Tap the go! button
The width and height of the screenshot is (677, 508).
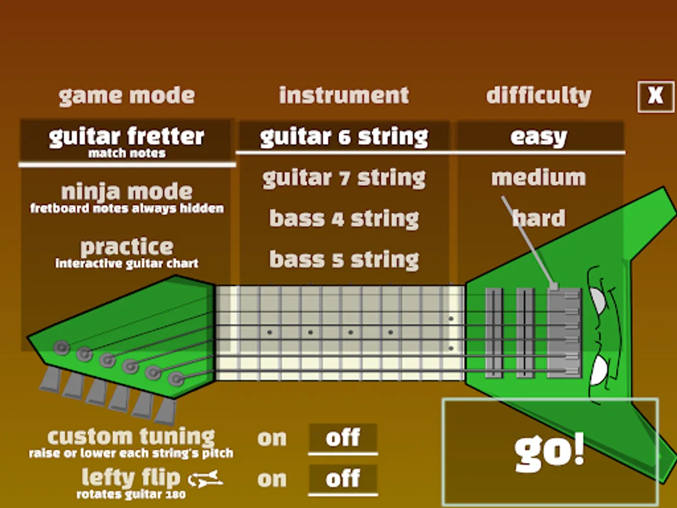click(550, 452)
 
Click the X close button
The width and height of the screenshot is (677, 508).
click(656, 96)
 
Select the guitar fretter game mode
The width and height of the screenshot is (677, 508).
click(127, 141)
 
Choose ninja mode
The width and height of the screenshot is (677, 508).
click(127, 198)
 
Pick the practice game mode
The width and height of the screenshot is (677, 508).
click(127, 252)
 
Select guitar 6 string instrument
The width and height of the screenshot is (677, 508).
click(344, 137)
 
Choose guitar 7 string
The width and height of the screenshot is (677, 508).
click(344, 178)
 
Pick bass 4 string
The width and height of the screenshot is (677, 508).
click(344, 218)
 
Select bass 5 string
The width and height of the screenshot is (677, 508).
click(344, 259)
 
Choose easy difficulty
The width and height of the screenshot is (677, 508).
click(539, 137)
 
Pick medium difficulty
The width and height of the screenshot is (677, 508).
click(539, 178)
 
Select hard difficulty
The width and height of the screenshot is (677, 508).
click(539, 218)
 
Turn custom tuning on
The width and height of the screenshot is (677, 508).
click(272, 439)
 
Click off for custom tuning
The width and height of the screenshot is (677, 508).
click(343, 438)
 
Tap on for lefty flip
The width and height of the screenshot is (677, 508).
click(272, 479)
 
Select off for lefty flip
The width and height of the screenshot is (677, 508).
click(343, 479)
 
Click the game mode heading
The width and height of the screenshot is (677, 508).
click(127, 96)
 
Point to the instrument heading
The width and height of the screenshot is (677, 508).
click(344, 95)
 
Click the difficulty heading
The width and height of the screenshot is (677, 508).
click(539, 96)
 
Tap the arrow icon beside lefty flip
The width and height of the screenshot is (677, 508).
click(205, 480)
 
